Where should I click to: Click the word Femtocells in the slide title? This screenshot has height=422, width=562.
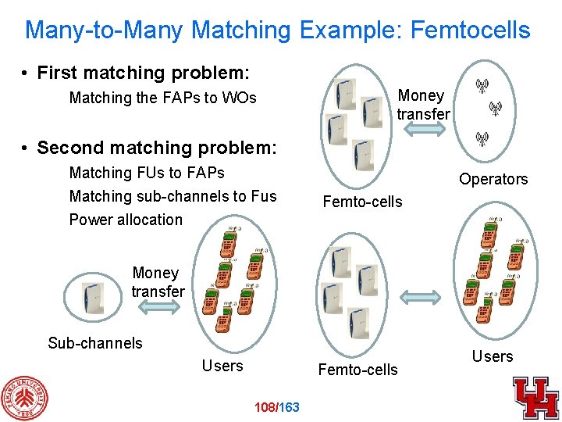[x=470, y=30]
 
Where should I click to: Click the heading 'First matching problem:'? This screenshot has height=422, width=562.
[x=143, y=73]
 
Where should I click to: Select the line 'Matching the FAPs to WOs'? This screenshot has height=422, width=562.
[x=162, y=98]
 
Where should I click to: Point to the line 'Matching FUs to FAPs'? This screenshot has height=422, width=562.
[x=147, y=172]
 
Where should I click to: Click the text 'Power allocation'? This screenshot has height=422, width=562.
[x=126, y=220]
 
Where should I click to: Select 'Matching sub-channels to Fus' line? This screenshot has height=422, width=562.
[x=173, y=195]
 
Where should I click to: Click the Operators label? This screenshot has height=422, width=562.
[x=493, y=179]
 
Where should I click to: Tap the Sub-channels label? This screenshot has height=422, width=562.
[x=95, y=342]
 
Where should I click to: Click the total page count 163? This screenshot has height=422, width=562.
[x=289, y=406]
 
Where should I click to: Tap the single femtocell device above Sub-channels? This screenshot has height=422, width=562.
[x=93, y=295]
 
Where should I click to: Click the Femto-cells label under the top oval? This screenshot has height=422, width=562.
[x=362, y=202]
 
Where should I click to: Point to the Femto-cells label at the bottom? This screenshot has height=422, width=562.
[x=357, y=369]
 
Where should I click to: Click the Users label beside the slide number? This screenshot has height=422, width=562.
[x=222, y=365]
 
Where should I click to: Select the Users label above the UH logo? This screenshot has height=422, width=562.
[x=493, y=356]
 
